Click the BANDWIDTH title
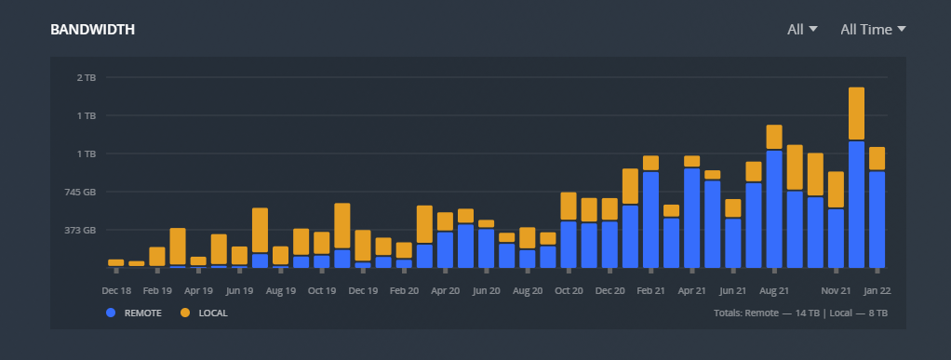pyautogui.click(x=93, y=30)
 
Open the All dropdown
pyautogui.click(x=802, y=30)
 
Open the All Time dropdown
pyautogui.click(x=873, y=30)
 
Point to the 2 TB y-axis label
pyautogui.click(x=86, y=77)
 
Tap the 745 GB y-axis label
pyautogui.click(x=80, y=192)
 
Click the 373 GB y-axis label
pyautogui.click(x=80, y=230)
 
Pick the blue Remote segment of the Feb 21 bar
pyautogui.click(x=650, y=220)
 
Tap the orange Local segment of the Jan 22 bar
pyautogui.click(x=877, y=159)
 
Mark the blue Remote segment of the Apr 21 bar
pyautogui.click(x=691, y=218)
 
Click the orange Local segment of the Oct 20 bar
pyautogui.click(x=569, y=207)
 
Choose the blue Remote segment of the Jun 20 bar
pyautogui.click(x=487, y=247)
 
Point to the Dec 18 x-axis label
pyautogui.click(x=116, y=290)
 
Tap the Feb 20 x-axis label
pyautogui.click(x=404, y=290)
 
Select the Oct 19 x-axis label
pyautogui.click(x=322, y=290)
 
